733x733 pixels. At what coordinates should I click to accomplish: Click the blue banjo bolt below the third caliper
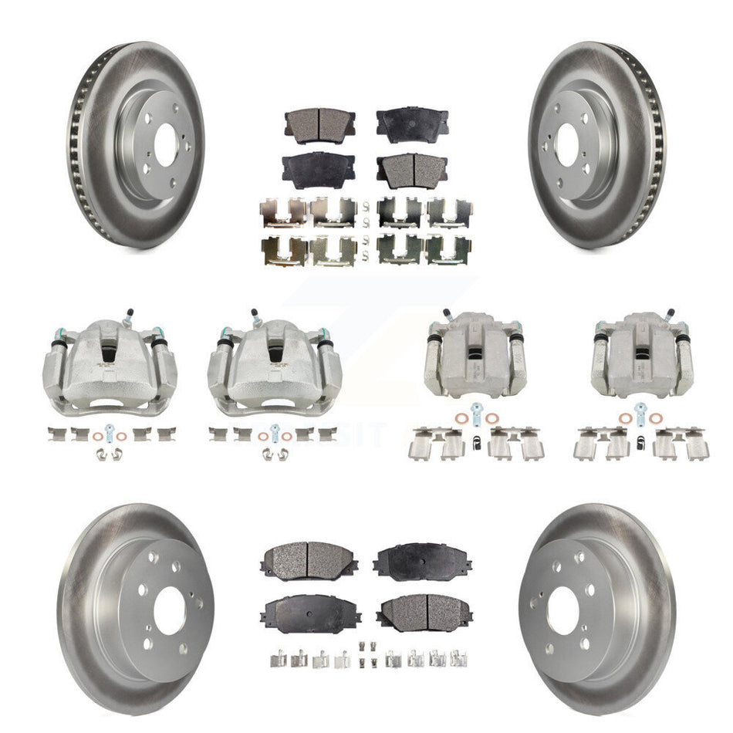[474, 411]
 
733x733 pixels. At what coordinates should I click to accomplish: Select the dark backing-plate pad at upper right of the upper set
[412, 123]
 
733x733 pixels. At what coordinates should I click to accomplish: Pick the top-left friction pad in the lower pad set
[308, 556]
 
